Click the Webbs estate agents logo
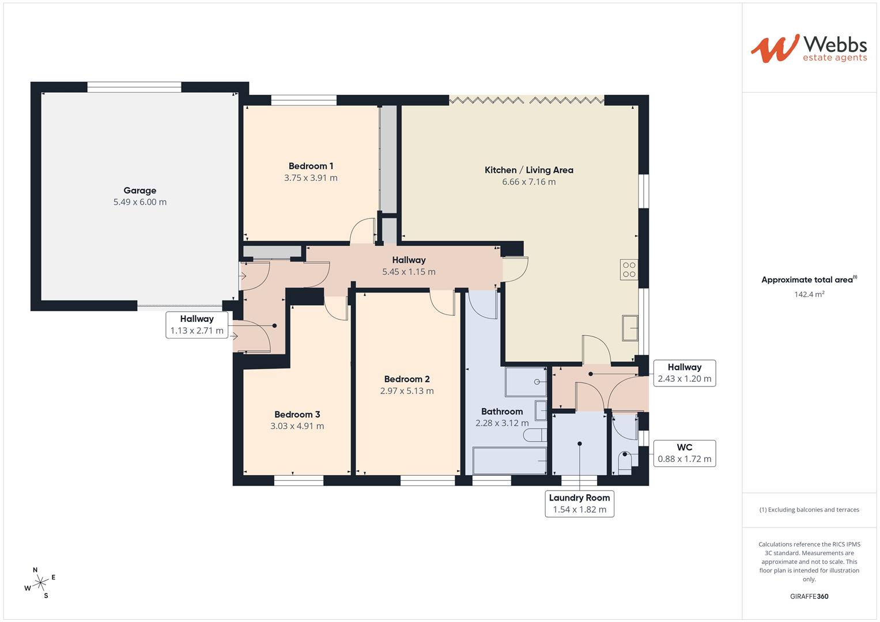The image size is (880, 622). pyautogui.click(x=809, y=49)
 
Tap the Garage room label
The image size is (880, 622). pyautogui.click(x=140, y=191)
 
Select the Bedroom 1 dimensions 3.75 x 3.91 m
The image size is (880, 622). pyautogui.click(x=311, y=178)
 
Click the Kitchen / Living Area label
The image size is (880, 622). pyautogui.click(x=529, y=170)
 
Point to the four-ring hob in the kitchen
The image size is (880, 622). pyautogui.click(x=629, y=270)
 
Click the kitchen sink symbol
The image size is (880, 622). pyautogui.click(x=630, y=328)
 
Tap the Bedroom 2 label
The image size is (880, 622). pyautogui.click(x=407, y=379)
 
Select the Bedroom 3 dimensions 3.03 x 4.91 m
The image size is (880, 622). pyautogui.click(x=297, y=426)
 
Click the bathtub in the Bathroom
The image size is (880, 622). pyautogui.click(x=510, y=460)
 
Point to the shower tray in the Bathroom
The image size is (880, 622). pyautogui.click(x=526, y=382)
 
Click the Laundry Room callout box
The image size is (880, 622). pyautogui.click(x=580, y=504)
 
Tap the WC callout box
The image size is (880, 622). pyautogui.click(x=685, y=453)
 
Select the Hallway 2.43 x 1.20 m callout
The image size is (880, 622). pyautogui.click(x=685, y=373)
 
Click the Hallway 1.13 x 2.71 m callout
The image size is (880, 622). pyautogui.click(x=197, y=325)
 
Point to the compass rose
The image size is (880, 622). pyautogui.click(x=40, y=583)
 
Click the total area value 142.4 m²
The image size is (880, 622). pyautogui.click(x=809, y=294)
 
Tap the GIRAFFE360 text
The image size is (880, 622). pyautogui.click(x=809, y=596)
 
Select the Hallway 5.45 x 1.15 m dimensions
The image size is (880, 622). pyautogui.click(x=409, y=272)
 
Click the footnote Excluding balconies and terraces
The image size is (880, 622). pyautogui.click(x=809, y=510)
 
